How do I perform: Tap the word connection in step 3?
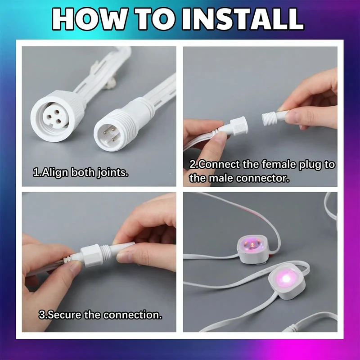click(132, 315)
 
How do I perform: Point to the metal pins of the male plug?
click(109, 135)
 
